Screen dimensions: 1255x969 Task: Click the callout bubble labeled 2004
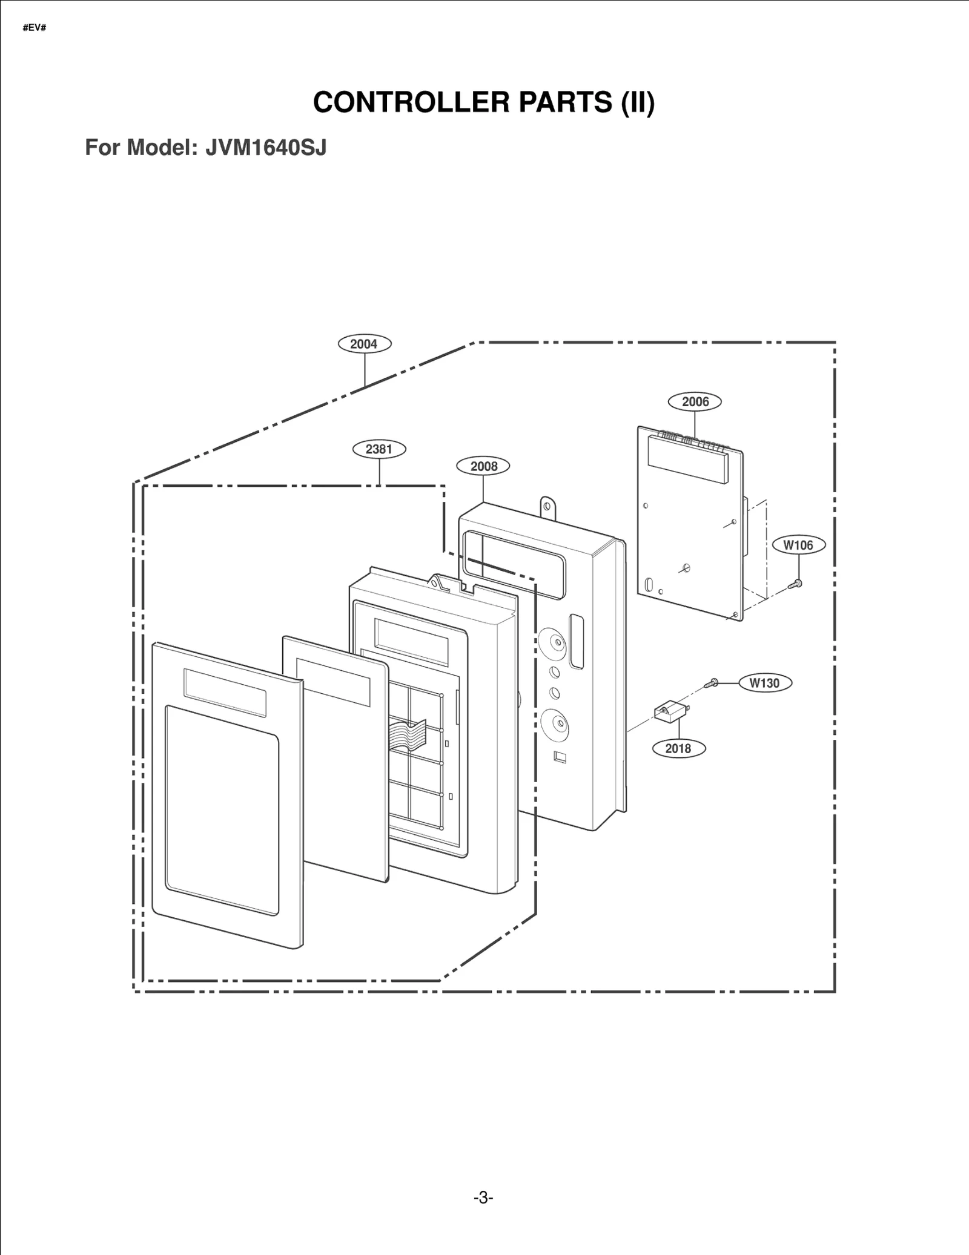[x=364, y=344]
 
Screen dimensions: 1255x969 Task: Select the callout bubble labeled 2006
[x=695, y=401]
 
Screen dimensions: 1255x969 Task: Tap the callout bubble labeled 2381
[x=379, y=449]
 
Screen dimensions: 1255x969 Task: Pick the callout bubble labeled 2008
[x=483, y=466]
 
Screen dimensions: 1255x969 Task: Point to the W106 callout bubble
[x=798, y=545]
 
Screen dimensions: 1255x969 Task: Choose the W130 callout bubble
[x=764, y=683]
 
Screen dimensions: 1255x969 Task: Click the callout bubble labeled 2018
[x=678, y=748]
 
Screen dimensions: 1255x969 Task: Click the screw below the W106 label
[x=796, y=584]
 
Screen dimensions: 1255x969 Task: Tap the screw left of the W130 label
[x=711, y=683]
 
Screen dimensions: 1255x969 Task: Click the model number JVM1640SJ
[x=265, y=147]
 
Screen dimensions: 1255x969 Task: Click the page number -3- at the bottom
[x=483, y=1197]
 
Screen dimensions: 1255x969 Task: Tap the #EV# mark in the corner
[x=35, y=28]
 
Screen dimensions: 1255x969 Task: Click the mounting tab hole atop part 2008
[x=547, y=504]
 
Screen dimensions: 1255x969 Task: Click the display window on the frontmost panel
[x=225, y=693]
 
